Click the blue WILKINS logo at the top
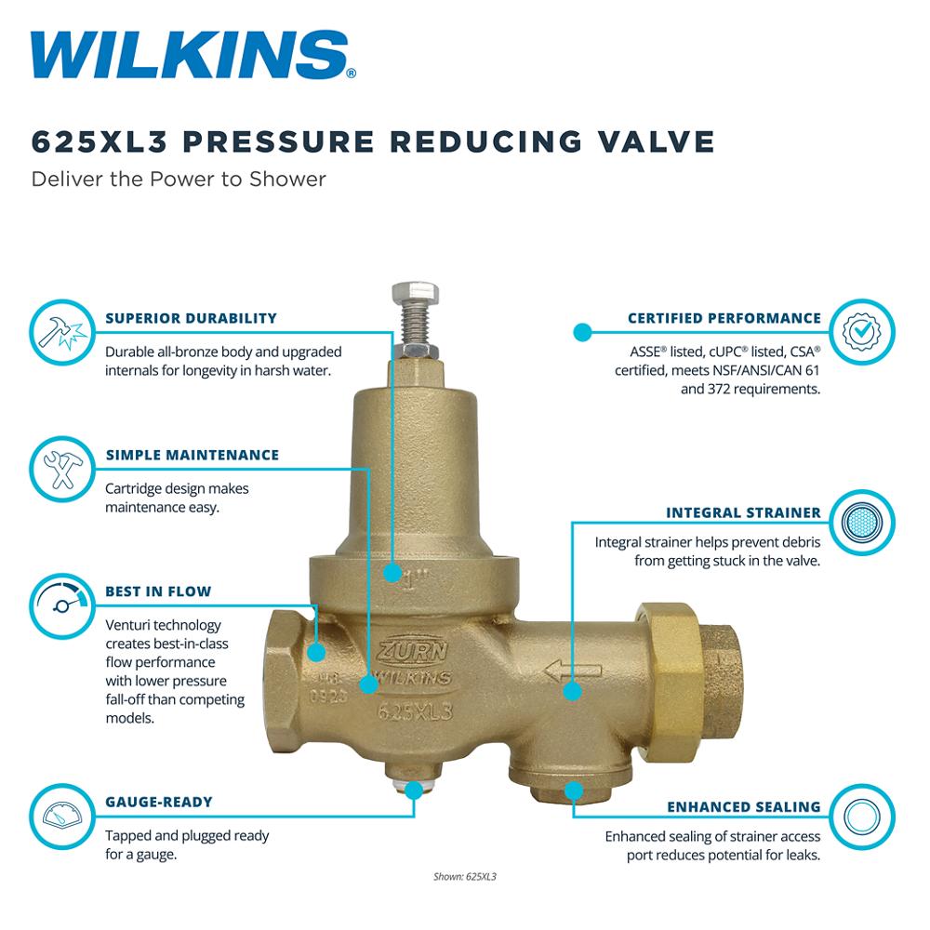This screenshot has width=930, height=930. point(193,55)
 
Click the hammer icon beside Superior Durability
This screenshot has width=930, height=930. point(62,332)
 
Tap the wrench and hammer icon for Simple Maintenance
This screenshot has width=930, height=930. point(62,469)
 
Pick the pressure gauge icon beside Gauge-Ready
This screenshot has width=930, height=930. point(62,817)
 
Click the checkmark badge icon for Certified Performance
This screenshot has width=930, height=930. point(862,332)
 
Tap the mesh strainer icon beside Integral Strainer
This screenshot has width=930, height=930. point(862,523)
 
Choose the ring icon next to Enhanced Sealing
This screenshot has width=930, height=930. point(862,817)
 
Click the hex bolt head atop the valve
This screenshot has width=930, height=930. point(415,294)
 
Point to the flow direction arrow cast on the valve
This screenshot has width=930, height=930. point(572,671)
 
